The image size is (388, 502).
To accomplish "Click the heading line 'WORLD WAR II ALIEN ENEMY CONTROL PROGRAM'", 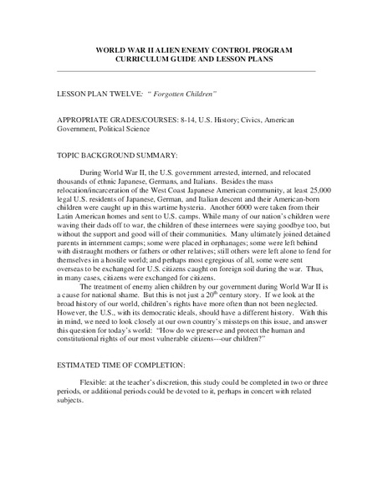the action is [x=194, y=50].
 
